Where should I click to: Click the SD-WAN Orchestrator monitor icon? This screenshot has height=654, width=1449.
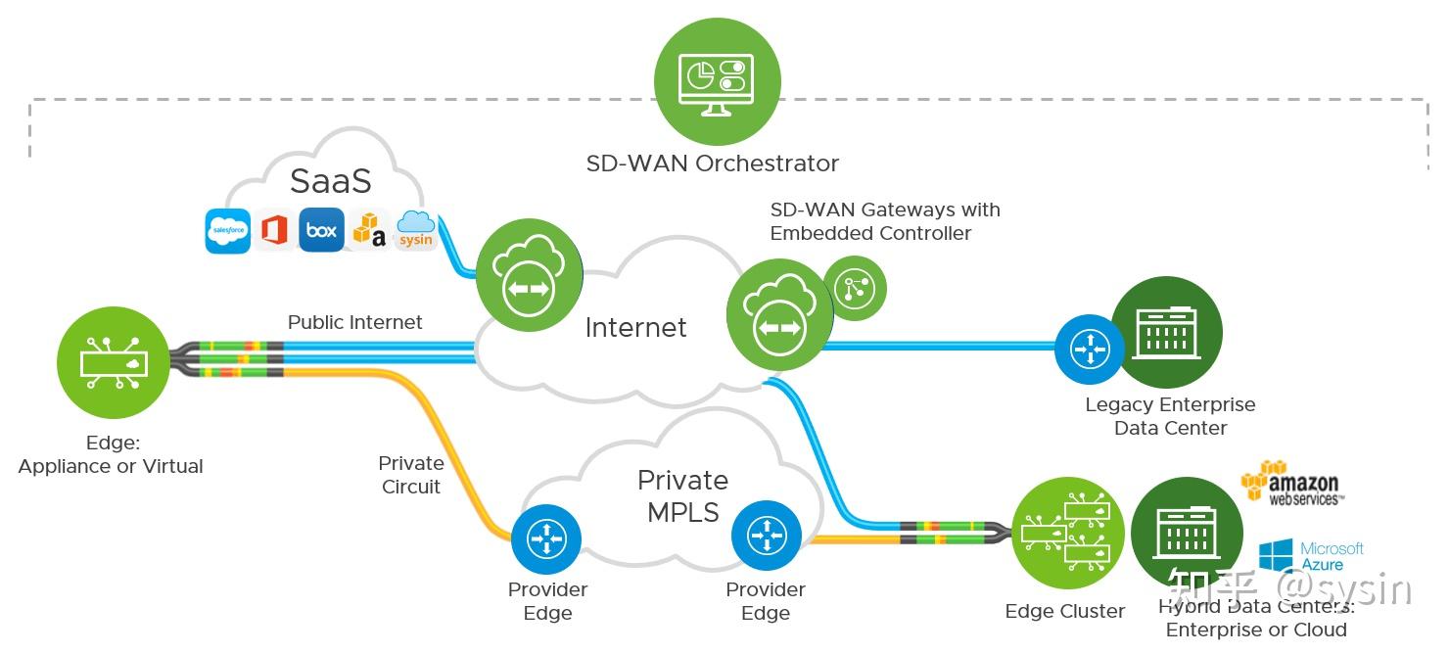coord(717,81)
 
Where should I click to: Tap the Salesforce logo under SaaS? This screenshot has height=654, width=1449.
coord(227,231)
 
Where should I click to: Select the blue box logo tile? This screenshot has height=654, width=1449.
coord(321,231)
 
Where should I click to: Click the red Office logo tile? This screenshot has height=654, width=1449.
coord(274,231)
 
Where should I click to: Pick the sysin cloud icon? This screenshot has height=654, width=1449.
coord(416,231)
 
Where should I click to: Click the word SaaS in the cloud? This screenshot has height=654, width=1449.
coord(331,181)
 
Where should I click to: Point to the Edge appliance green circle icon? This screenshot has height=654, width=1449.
coord(116,362)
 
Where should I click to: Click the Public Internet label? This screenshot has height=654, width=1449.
coord(354,322)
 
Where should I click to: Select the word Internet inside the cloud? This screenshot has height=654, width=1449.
coord(635,327)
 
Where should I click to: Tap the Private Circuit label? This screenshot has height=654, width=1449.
coord(410,475)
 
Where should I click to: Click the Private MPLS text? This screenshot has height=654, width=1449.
coord(682,495)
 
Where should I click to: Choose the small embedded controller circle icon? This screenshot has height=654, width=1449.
coord(854,288)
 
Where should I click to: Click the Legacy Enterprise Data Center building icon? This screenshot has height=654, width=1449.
coord(1165,333)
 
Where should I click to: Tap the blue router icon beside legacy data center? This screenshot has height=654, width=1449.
coord(1089,348)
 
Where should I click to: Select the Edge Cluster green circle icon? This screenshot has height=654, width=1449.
coord(1067,534)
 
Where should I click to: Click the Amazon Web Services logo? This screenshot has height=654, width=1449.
coord(1290,484)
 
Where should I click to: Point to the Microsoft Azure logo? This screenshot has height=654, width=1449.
coord(1310,556)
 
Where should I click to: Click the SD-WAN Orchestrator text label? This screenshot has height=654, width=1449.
coord(712,163)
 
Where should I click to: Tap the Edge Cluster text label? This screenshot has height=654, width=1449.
coord(1064,612)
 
